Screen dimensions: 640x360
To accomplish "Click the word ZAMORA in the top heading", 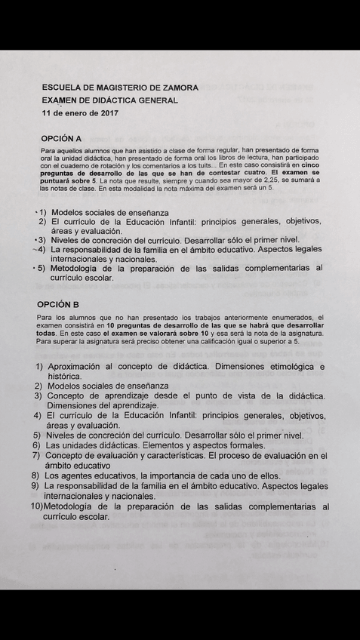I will coord(179,88).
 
